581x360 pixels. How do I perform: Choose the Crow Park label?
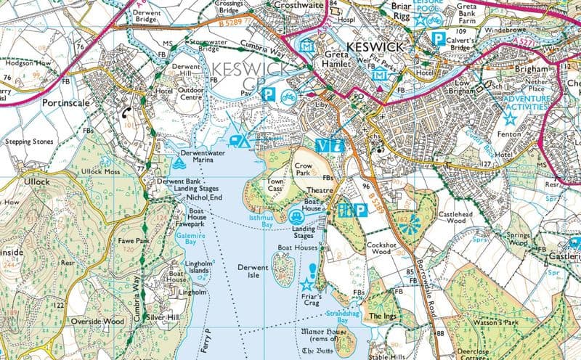click(303, 170)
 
